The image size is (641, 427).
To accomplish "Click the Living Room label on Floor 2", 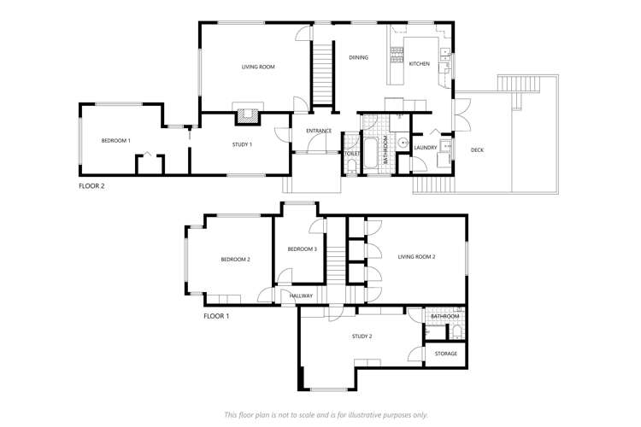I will tap(256, 66).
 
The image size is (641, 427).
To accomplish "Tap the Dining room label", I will tap(359, 58).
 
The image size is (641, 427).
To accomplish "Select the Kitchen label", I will tap(419, 64).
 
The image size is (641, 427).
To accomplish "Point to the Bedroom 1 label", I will tap(115, 140).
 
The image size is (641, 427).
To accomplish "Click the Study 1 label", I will tap(243, 144).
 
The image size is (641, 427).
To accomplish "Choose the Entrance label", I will tap(319, 131).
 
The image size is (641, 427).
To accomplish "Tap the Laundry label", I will tap(426, 148).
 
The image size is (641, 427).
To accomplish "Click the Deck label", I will tap(477, 150).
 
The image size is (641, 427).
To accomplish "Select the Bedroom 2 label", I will tap(235, 260).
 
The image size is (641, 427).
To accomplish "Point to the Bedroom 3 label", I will tap(302, 249).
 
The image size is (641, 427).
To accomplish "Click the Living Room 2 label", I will tap(417, 256).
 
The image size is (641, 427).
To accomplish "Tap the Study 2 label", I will tap(362, 336).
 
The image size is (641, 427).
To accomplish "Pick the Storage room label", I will tap(446, 353).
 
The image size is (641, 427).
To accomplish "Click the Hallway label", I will tap(302, 295).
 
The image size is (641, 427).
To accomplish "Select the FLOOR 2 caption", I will tap(91, 184).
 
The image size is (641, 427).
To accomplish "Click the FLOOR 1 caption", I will tap(216, 316).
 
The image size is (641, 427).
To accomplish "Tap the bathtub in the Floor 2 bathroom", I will tap(373, 155).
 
